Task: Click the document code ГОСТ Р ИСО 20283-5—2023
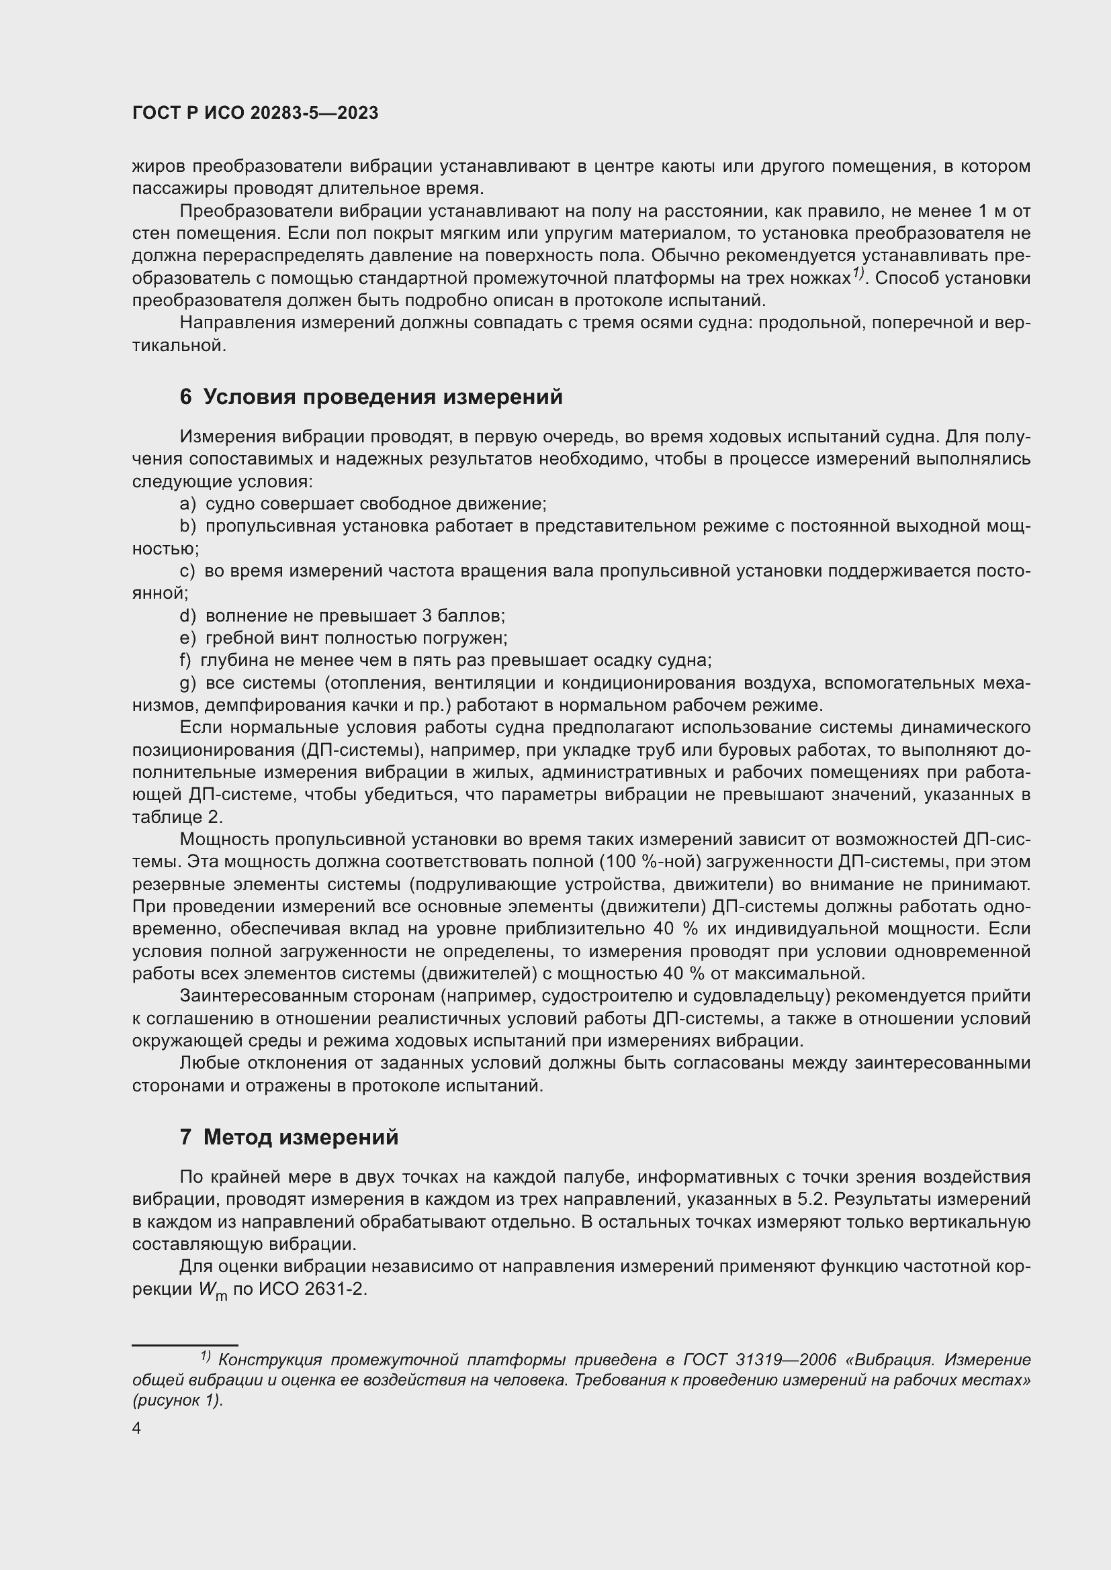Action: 255,113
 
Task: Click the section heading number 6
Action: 185,397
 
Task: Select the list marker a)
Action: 187,504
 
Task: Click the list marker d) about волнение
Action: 187,616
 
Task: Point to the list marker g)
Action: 187,683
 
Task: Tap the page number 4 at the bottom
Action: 137,1428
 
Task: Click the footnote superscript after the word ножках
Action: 857,275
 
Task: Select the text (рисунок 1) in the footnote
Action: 178,1400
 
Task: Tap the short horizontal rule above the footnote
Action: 185,1345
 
